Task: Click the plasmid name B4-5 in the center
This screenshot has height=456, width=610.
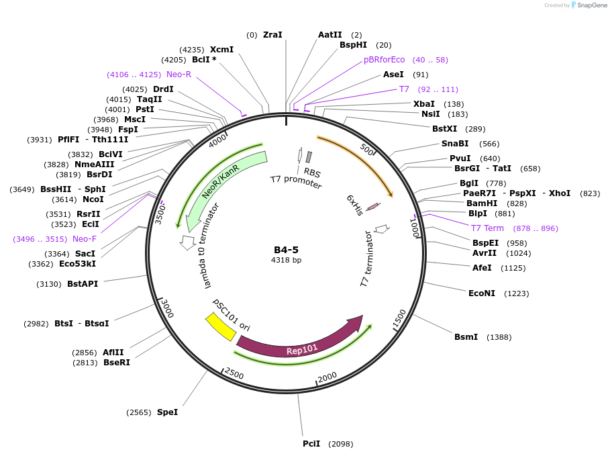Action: [286, 250]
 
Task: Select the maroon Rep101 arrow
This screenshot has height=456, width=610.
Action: [295, 343]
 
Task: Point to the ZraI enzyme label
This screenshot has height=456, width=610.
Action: [272, 35]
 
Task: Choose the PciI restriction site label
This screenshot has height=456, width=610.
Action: [311, 443]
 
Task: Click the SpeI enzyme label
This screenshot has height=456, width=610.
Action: [167, 412]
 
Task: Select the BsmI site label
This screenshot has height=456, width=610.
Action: [466, 336]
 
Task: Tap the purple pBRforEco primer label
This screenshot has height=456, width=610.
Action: [385, 60]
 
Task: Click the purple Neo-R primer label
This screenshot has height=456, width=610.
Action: [179, 75]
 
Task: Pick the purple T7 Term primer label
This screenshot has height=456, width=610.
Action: [487, 228]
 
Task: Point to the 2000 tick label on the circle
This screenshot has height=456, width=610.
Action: [327, 378]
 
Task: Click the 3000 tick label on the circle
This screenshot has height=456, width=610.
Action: [166, 309]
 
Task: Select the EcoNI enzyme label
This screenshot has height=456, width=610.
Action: [481, 293]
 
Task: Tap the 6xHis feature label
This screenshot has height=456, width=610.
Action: [355, 205]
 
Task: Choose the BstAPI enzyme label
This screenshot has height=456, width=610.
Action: [83, 284]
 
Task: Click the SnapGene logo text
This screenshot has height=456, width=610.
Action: [592, 5]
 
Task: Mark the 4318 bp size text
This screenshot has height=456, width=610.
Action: [286, 260]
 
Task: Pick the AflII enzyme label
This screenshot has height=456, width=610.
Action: [113, 353]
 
